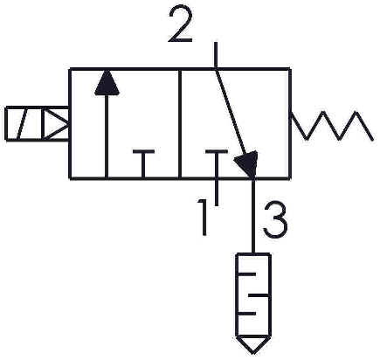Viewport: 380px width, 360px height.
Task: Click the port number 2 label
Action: click(181, 24)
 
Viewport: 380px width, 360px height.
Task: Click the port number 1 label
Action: click(203, 217)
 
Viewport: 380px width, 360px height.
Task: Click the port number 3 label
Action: click(275, 219)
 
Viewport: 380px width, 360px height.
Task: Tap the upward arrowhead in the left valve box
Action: click(107, 82)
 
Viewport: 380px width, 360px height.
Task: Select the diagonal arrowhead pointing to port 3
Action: click(248, 163)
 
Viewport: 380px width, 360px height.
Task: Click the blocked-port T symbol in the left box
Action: click(143, 163)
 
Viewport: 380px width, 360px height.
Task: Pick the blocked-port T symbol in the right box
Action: click(216, 163)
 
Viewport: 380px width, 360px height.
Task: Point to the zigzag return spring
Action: click(332, 126)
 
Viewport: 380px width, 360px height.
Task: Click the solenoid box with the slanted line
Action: click(24, 124)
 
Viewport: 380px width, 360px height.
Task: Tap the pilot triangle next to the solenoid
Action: click(56, 124)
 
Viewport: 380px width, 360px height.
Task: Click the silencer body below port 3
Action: click(253, 294)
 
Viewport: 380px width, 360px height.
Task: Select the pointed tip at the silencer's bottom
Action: click(253, 354)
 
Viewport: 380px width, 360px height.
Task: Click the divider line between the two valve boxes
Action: click(180, 123)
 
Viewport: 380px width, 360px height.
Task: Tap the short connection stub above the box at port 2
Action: click(216, 55)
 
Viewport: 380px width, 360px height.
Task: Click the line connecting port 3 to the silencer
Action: click(253, 216)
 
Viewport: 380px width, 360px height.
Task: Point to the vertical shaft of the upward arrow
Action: click(107, 135)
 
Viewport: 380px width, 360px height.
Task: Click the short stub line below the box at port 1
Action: click(216, 191)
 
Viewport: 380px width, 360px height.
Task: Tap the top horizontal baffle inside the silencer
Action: click(247, 274)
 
